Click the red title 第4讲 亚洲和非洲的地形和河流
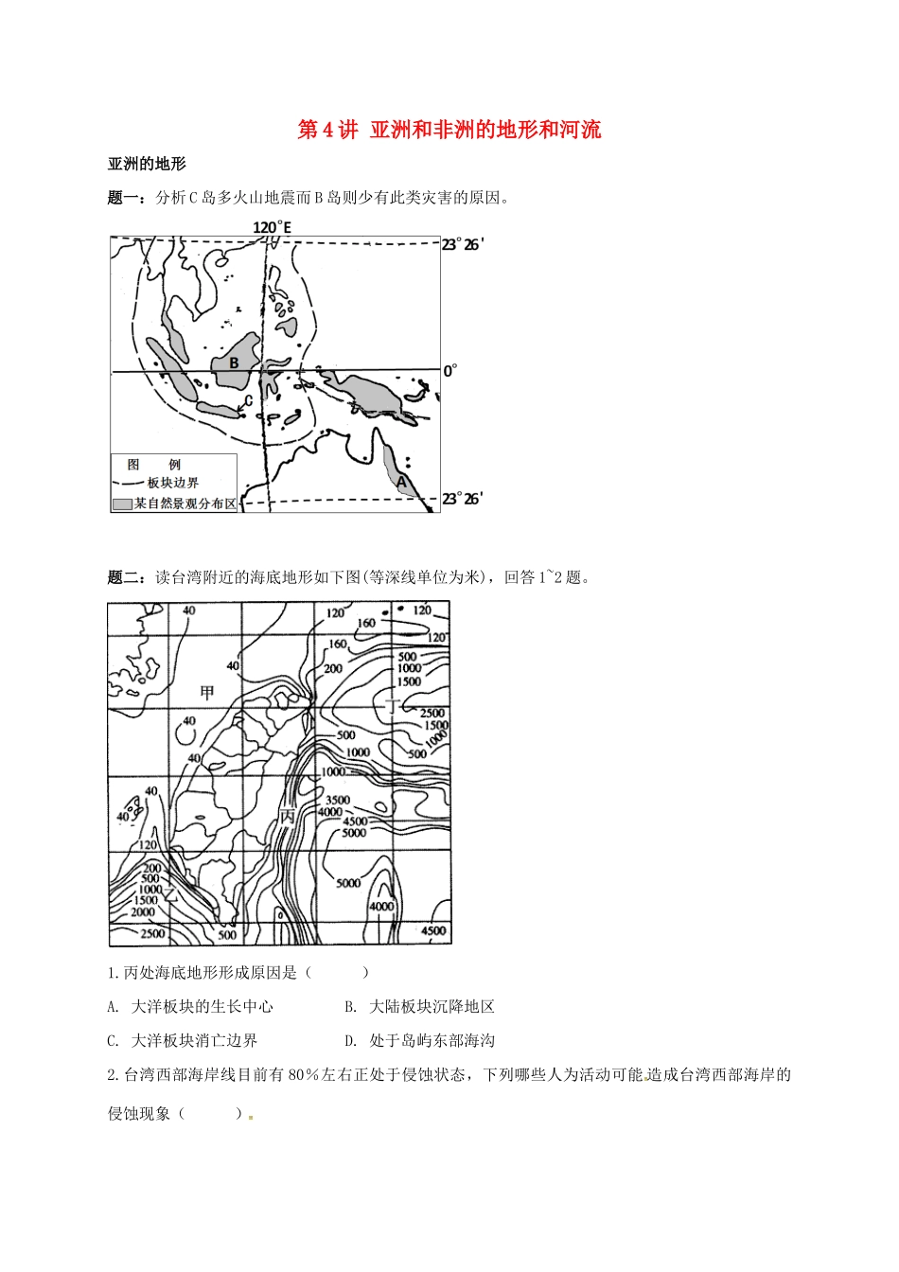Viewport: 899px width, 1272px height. tap(449, 130)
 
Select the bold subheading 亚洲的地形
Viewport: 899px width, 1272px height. tap(147, 164)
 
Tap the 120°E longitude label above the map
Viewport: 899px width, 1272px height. tap(273, 227)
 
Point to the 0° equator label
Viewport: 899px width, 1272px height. tap(450, 371)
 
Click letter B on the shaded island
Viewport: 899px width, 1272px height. tap(234, 362)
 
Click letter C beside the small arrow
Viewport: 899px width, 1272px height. tap(248, 400)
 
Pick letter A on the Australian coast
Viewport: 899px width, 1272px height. tap(401, 481)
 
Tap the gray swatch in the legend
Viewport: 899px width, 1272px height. tap(122, 504)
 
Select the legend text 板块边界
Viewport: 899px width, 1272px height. tap(173, 483)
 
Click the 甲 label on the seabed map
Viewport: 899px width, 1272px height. tap(207, 693)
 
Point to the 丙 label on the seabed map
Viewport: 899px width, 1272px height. tap(287, 817)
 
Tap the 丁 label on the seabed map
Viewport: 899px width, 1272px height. tap(394, 704)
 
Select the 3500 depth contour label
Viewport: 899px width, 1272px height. tap(337, 800)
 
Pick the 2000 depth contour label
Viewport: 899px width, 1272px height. tap(142, 912)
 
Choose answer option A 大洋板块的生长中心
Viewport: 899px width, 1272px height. tap(190, 1006)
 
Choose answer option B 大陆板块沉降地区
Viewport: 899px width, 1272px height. tap(419, 1006)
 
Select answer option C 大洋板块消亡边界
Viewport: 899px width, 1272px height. tap(183, 1040)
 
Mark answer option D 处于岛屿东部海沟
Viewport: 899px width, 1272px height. tap(419, 1040)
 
